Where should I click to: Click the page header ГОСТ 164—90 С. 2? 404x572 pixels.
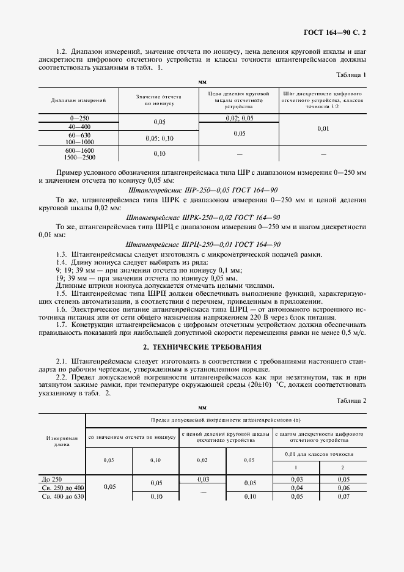(x=340, y=29)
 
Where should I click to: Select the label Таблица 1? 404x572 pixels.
(x=351, y=75)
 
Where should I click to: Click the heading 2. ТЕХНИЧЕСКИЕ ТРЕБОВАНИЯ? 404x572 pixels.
(x=202, y=346)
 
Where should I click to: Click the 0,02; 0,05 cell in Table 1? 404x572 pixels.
(x=239, y=117)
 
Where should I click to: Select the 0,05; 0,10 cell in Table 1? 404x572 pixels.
(x=160, y=138)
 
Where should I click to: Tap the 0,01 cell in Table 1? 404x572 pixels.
(x=323, y=128)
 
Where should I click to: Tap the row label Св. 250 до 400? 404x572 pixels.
(x=62, y=488)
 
